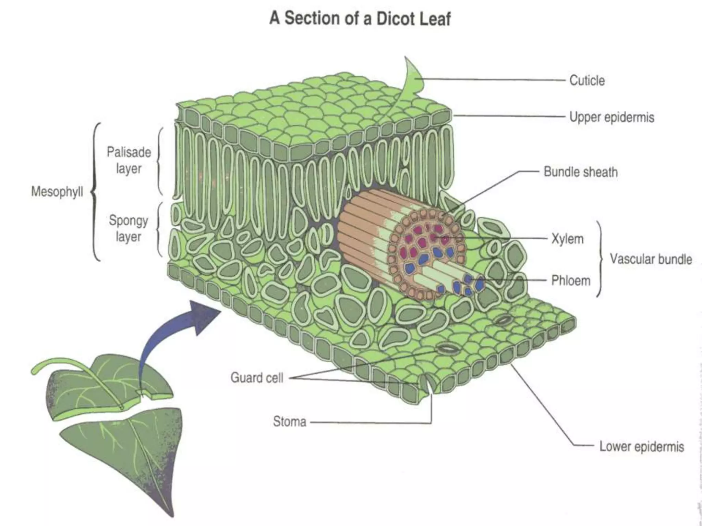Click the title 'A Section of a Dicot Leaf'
click(360, 18)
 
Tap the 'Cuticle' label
click(587, 80)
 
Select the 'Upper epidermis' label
click(612, 117)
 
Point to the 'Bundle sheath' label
click(581, 172)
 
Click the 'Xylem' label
click(567, 239)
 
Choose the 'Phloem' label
click(571, 280)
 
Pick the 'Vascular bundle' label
click(651, 259)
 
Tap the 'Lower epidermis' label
click(641, 447)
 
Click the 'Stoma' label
click(289, 422)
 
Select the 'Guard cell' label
click(257, 378)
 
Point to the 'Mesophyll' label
click(57, 191)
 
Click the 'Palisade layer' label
click(129, 160)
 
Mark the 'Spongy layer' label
click(128, 228)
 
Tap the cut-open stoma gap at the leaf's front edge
click(427, 385)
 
